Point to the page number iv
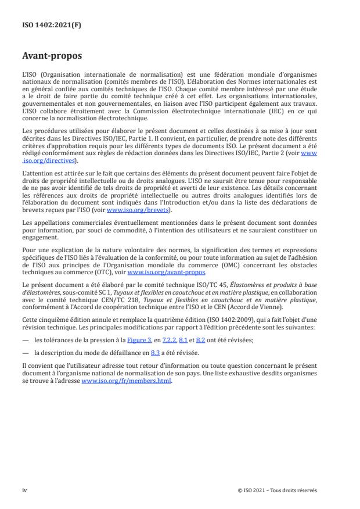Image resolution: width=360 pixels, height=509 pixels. point(24,490)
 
